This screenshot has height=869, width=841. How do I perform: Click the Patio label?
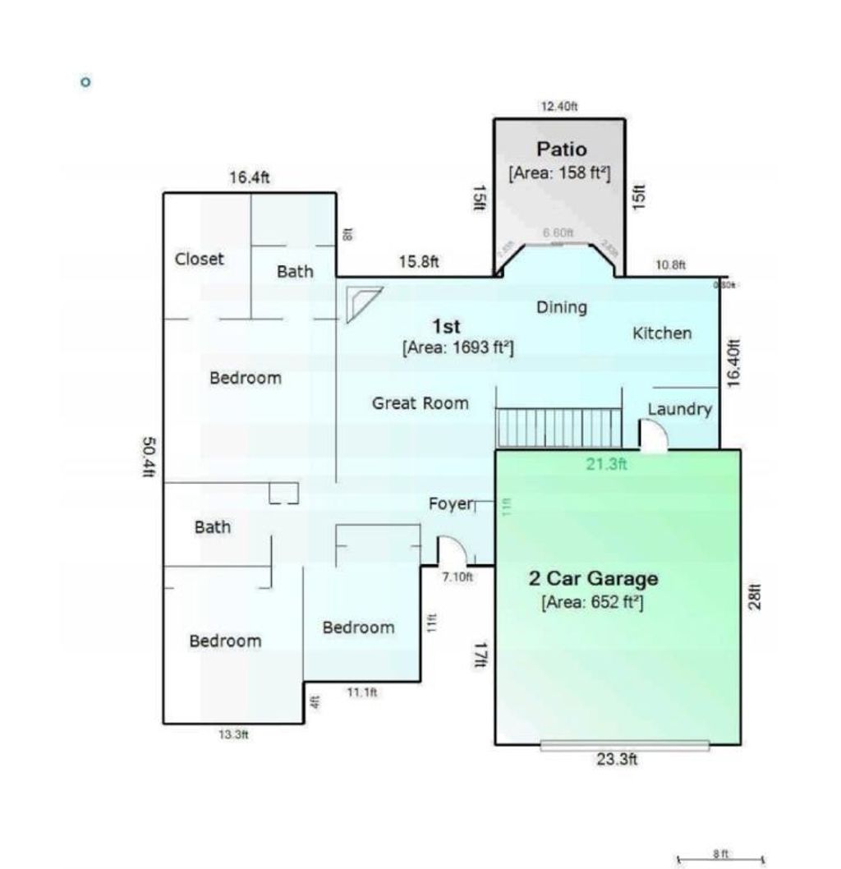tap(562, 149)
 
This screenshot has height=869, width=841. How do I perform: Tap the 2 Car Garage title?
tap(592, 578)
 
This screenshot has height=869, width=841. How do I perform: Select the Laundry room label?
tap(679, 409)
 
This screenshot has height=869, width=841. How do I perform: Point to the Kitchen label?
tap(661, 333)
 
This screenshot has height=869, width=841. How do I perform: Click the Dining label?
tap(562, 307)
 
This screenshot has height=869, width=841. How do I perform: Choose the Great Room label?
tap(420, 403)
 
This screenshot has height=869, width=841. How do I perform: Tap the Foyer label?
tap(451, 503)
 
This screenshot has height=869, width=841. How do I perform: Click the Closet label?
tap(199, 259)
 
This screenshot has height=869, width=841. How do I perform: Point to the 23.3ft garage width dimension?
tap(617, 760)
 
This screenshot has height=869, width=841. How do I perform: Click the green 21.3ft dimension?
tap(606, 464)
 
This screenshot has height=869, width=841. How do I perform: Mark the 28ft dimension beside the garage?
tap(755, 595)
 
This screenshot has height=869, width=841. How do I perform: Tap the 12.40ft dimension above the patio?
tap(559, 106)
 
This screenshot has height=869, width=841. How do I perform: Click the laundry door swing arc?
tap(654, 435)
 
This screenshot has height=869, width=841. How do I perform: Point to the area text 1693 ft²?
tap(457, 347)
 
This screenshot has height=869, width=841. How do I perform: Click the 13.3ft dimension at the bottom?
tap(232, 735)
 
